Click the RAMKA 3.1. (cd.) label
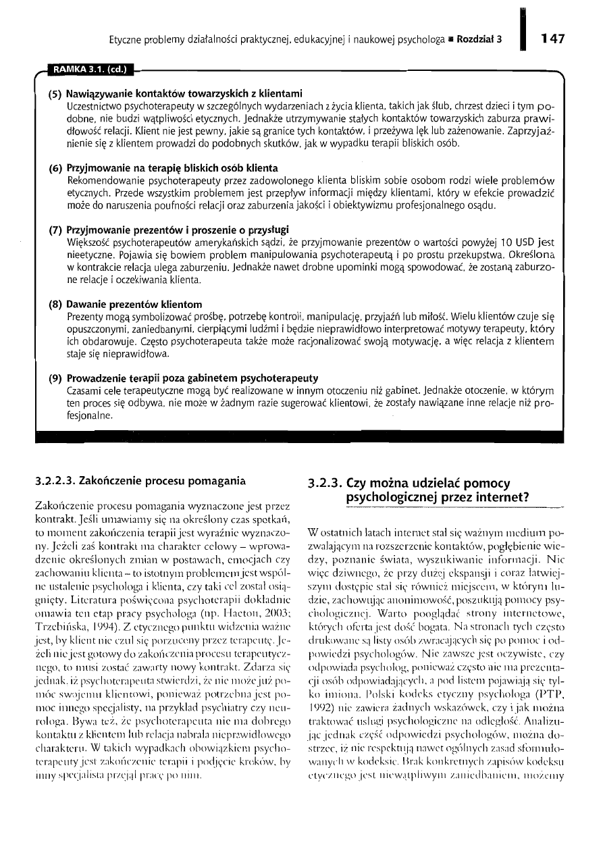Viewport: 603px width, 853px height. (89, 67)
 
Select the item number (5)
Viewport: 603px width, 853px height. (55, 92)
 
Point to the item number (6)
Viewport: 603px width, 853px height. (55, 167)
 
